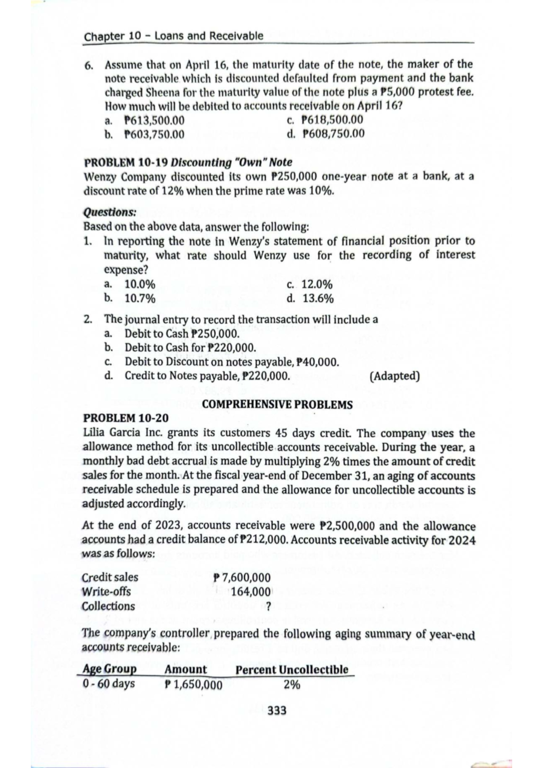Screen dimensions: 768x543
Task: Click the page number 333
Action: [277, 711]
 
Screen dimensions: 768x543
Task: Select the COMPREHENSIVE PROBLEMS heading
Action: [277, 404]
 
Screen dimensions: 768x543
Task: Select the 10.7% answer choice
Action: [140, 299]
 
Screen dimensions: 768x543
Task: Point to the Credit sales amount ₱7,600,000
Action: [243, 578]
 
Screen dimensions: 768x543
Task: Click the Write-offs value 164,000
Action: [250, 592]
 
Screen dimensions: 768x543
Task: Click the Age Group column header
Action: [110, 669]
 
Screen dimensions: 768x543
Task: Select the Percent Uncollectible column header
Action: [292, 669]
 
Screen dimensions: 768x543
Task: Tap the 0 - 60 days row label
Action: [109, 683]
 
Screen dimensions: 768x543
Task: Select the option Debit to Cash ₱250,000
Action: [181, 334]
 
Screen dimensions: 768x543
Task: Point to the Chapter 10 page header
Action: [173, 36]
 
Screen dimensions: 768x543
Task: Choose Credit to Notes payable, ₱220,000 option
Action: [207, 375]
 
